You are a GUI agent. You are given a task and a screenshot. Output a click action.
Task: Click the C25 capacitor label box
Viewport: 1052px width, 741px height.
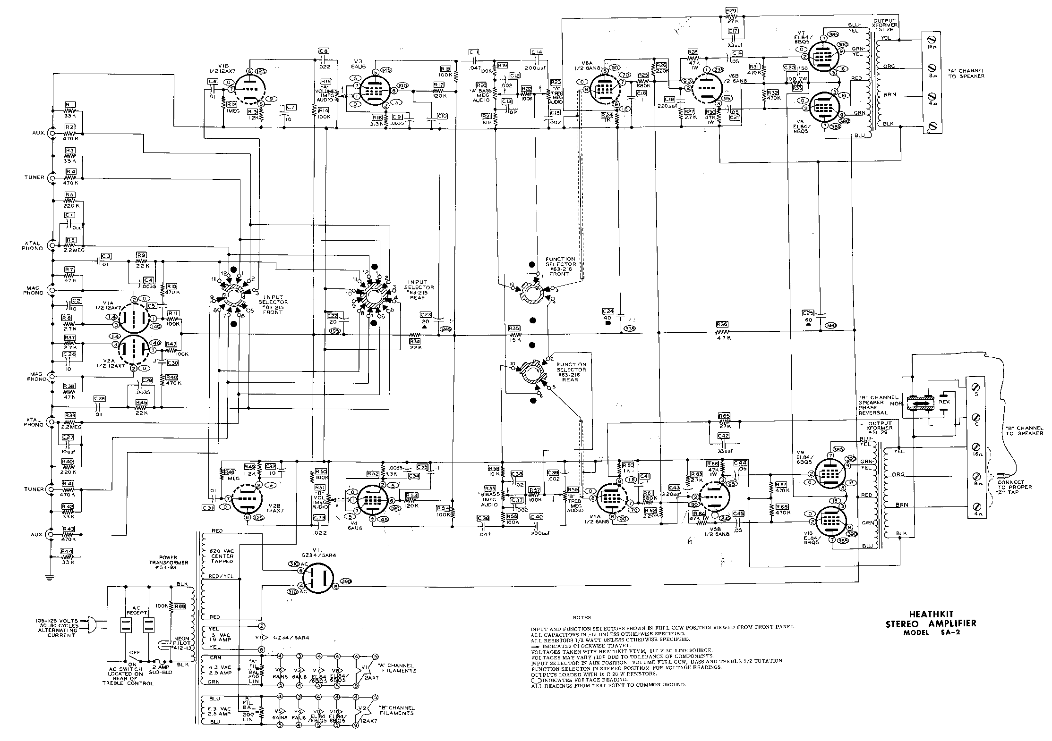coord(808,313)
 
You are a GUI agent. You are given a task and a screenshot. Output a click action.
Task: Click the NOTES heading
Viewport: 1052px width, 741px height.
coord(582,617)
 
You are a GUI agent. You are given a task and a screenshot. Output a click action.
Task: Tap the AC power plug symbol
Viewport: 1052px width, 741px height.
coord(92,627)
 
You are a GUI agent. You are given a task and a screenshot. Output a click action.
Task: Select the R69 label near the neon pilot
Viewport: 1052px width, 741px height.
coord(179,606)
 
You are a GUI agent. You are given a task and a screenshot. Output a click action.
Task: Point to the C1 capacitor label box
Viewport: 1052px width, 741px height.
coord(70,215)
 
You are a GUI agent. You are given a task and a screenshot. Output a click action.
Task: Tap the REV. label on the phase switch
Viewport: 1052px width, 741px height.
coord(944,402)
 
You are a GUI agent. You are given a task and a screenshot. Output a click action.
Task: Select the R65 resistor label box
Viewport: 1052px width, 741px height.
coord(724,416)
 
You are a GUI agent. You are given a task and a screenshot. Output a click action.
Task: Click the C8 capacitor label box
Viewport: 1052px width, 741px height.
coord(324,51)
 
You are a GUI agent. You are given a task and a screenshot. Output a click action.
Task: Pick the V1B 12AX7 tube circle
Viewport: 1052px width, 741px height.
coord(249,90)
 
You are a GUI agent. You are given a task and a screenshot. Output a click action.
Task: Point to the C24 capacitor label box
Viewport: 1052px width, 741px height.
coord(608,312)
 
